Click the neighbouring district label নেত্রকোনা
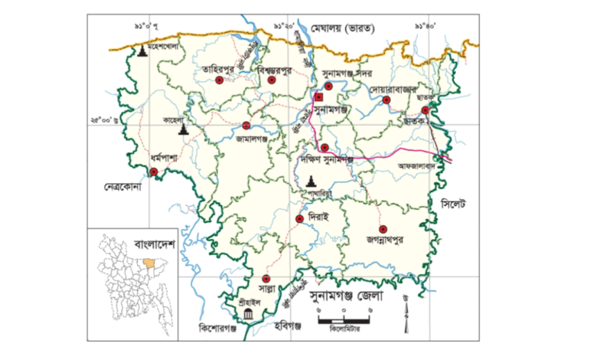click(125, 186)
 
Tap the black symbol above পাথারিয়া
click(311, 181)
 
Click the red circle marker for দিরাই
click(299, 218)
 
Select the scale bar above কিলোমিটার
click(344, 319)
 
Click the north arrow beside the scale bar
click(406, 312)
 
